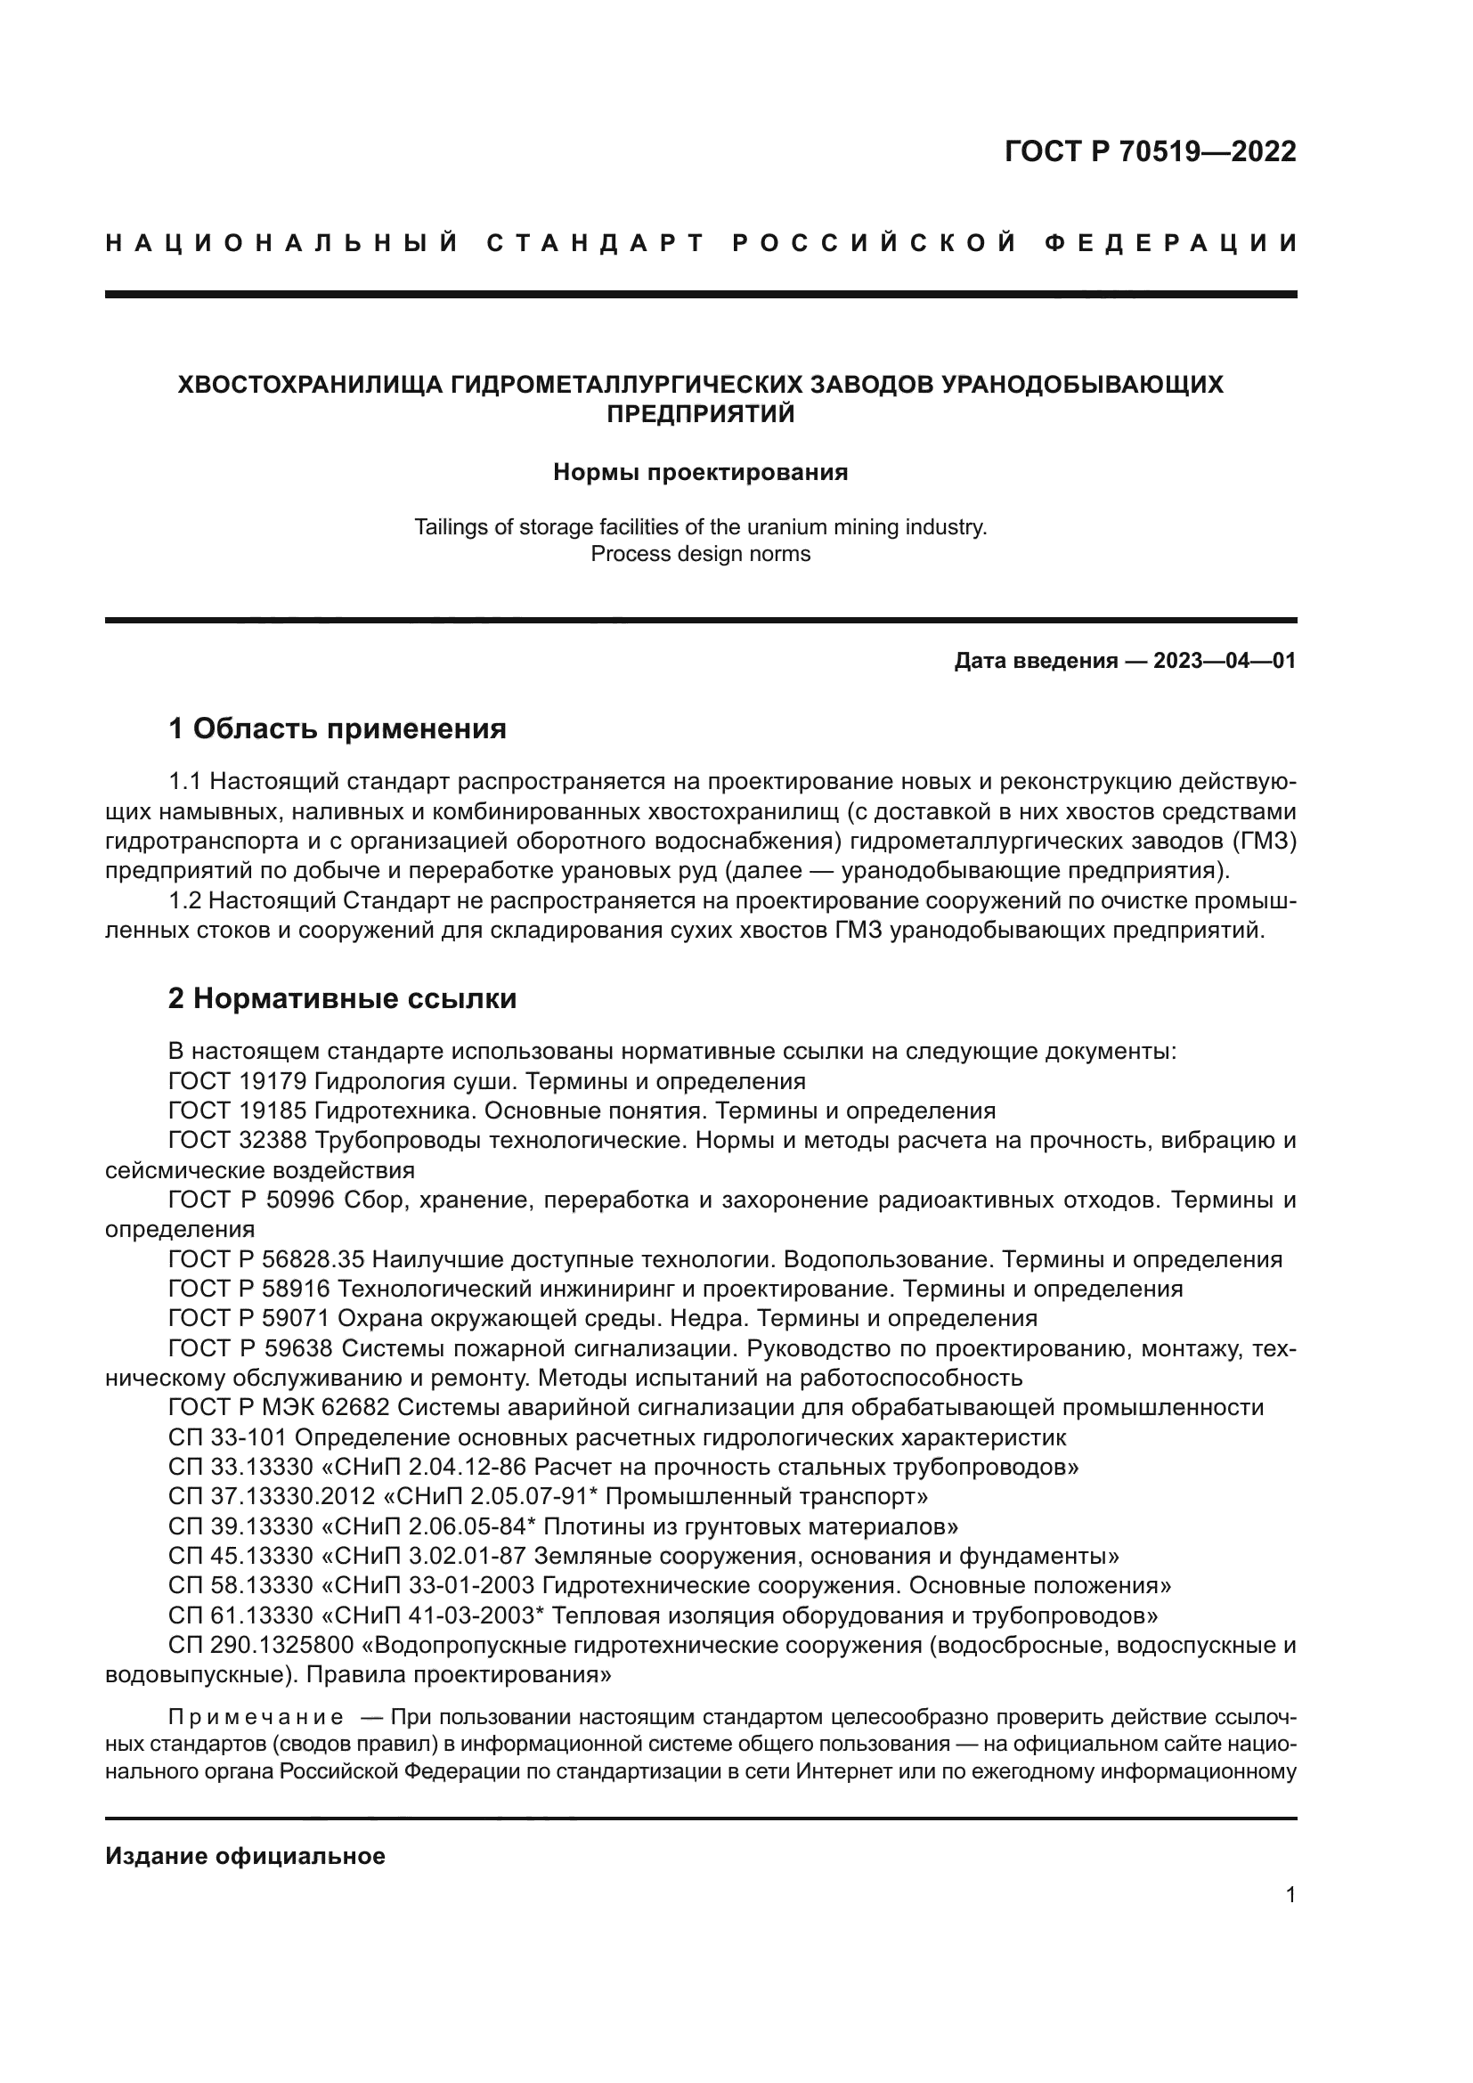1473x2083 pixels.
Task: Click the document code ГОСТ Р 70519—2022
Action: (x=1150, y=151)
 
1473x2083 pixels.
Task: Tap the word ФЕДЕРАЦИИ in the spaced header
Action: (x=1171, y=243)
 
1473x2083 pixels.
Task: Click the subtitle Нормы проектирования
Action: (x=700, y=473)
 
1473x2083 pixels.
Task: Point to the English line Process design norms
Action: (x=700, y=553)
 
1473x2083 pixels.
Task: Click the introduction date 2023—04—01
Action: (x=1225, y=661)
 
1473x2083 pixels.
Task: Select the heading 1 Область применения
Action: (x=337, y=728)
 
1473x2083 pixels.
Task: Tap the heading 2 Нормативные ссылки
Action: (x=342, y=999)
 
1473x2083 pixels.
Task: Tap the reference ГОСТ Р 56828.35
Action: (x=266, y=1259)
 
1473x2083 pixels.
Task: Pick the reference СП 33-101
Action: (x=228, y=1437)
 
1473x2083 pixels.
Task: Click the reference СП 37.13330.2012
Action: (x=272, y=1496)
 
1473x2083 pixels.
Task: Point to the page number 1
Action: (x=1290, y=1894)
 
